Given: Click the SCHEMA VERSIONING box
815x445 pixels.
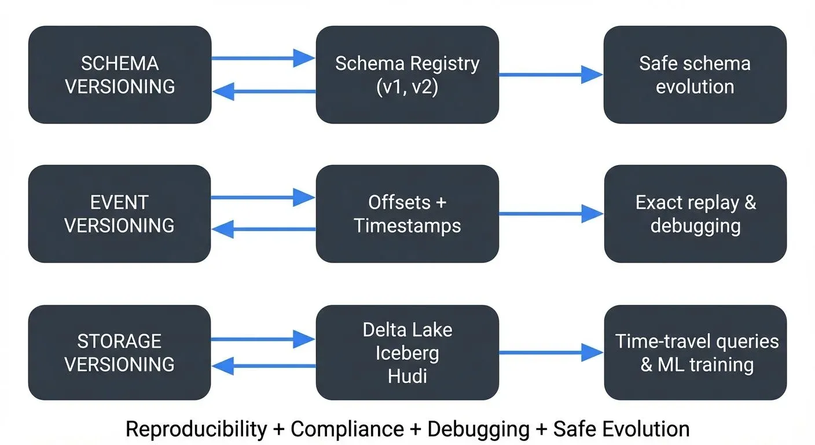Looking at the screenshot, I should coord(120,75).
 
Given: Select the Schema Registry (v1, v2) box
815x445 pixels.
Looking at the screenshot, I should coord(407,75).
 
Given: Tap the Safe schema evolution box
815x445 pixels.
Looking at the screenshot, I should coord(695,75).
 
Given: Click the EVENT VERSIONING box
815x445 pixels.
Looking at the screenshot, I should coord(120,214).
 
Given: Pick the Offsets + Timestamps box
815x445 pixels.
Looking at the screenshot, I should coord(407,214).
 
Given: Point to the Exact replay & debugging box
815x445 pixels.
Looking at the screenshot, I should coord(695,214).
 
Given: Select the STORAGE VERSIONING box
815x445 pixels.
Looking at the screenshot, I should coord(120,352).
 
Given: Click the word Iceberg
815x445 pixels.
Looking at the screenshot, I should coord(407,353).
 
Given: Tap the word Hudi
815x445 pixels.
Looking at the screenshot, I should coord(407,376).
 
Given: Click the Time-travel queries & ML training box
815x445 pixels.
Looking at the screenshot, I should coord(695,352).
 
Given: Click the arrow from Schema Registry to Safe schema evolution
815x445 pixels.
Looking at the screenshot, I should coord(550,75).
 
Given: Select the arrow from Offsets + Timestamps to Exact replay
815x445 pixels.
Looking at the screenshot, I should coord(550,214).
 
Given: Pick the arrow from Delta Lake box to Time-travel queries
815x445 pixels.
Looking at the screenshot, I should coord(550,352).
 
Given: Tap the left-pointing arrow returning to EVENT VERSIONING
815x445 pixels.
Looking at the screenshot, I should coord(263,229).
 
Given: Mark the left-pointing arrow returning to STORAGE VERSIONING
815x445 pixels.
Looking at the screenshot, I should coord(263,366).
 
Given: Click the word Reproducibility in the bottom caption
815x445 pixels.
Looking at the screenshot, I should coord(196,429).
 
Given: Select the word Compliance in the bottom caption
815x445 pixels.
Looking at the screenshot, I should coord(347,429).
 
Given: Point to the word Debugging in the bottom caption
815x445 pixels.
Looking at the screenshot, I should coord(478,429).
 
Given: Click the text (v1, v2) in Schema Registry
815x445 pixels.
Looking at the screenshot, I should coord(407,87).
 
